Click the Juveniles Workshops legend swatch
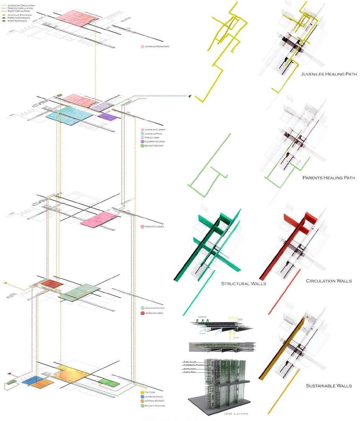click(142, 46)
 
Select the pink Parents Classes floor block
click(101, 219)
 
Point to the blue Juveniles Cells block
click(31, 381)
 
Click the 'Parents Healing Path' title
click(329, 178)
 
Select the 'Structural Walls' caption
click(243, 284)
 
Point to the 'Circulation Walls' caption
click(329, 281)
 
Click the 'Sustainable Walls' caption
click(329, 385)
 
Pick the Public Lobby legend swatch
click(142, 137)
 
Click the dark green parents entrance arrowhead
click(190, 96)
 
